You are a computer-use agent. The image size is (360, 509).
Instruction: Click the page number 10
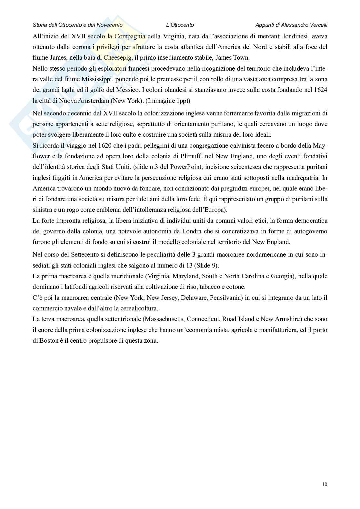click(x=325, y=484)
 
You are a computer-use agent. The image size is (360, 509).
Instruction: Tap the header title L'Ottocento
click(x=180, y=25)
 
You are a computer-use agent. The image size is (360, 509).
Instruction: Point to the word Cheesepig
click(x=118, y=58)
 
